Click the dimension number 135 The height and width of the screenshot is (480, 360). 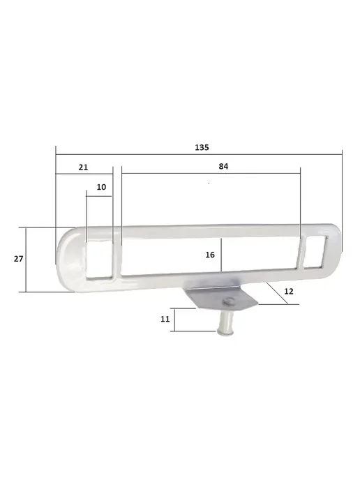(202, 147)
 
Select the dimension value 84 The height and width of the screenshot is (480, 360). (223, 167)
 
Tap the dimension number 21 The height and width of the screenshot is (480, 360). (83, 167)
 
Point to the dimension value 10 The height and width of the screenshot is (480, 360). (101, 187)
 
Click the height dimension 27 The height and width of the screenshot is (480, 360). (18, 259)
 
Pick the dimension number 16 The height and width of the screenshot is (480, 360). (210, 255)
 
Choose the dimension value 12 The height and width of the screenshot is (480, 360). (289, 292)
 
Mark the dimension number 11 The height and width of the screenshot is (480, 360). (165, 320)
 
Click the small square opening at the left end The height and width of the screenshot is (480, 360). (99, 260)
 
